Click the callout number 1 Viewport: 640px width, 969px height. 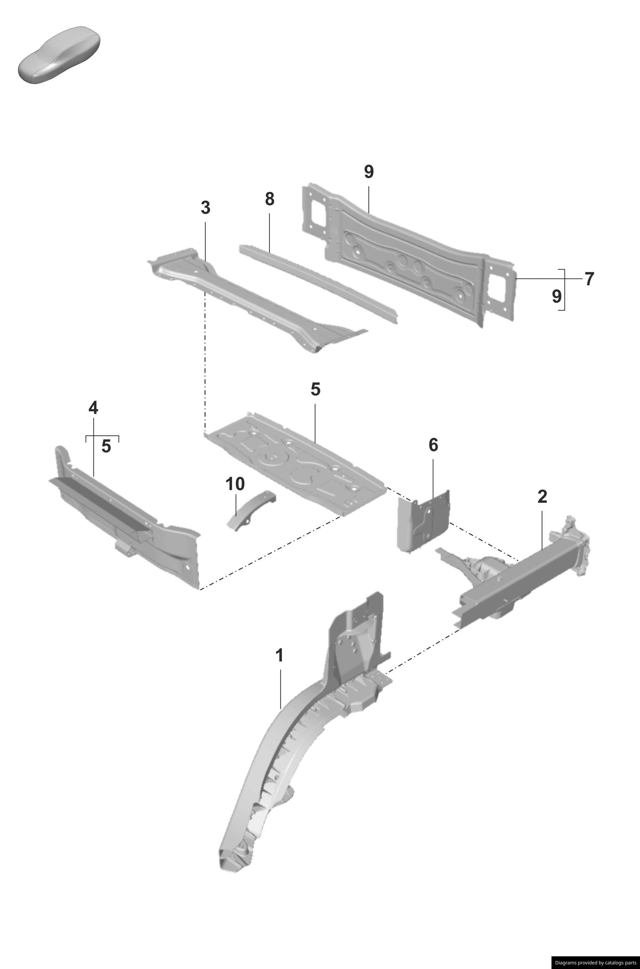pyautogui.click(x=279, y=656)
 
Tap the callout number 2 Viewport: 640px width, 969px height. pyautogui.click(x=542, y=497)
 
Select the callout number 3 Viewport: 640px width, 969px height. pyautogui.click(x=205, y=208)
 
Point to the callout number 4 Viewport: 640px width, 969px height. pyautogui.click(x=93, y=408)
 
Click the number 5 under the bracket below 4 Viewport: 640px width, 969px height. pyautogui.click(x=106, y=446)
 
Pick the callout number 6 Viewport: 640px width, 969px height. pyautogui.click(x=433, y=445)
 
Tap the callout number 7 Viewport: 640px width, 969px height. pyautogui.click(x=589, y=279)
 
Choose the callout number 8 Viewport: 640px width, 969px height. pyautogui.click(x=269, y=199)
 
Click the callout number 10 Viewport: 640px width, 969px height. pyautogui.click(x=235, y=484)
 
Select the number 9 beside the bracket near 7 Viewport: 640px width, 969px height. pyautogui.click(x=557, y=296)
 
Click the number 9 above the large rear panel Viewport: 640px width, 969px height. pyautogui.click(x=369, y=172)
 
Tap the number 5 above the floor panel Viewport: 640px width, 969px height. pyautogui.click(x=315, y=389)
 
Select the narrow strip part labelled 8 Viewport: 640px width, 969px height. pyautogui.click(x=318, y=282)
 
